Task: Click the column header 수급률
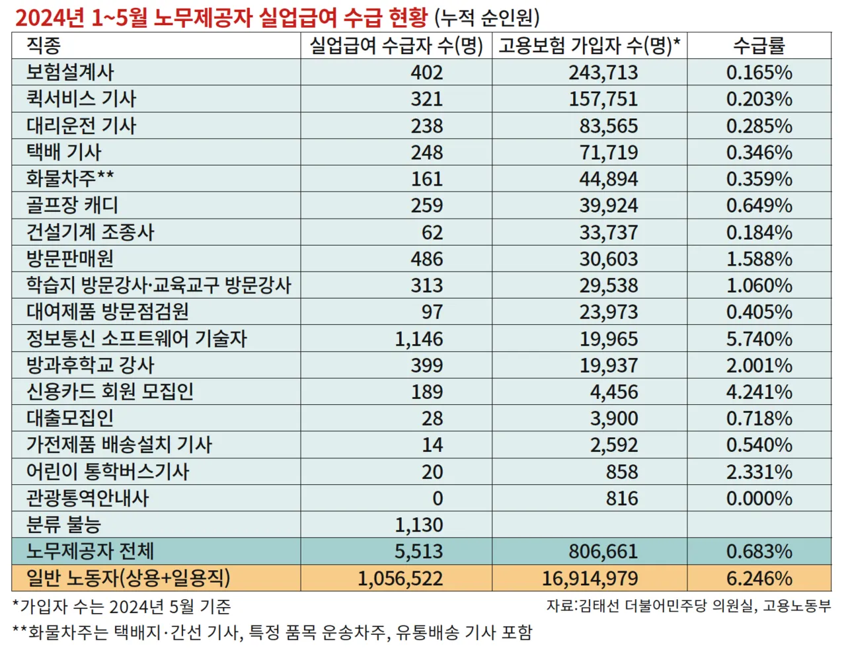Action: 759,46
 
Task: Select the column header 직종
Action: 44,46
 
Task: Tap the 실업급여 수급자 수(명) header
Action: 397,46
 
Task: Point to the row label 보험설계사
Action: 70,72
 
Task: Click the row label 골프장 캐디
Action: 72,205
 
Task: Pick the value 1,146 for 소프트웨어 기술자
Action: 419,339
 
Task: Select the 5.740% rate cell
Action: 759,339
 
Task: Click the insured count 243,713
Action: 603,72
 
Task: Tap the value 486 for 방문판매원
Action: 426,259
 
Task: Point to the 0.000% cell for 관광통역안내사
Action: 759,499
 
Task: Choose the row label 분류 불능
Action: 63,525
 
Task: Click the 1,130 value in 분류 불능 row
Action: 419,525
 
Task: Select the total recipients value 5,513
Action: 419,552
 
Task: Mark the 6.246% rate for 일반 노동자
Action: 759,579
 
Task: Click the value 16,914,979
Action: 590,579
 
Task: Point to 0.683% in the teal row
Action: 759,552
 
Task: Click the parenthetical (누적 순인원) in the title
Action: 489,17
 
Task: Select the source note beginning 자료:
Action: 688,606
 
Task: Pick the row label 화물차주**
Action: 70,178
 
